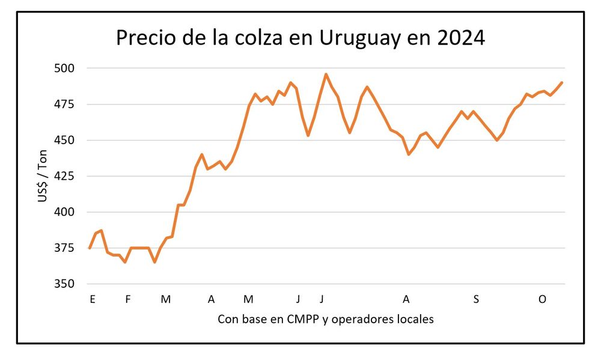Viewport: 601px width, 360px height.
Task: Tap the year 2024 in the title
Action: tap(459, 38)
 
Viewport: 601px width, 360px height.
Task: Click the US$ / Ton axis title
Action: tap(43, 176)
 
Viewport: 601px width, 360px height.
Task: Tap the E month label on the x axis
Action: tap(92, 299)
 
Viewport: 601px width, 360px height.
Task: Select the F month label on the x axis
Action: tap(127, 299)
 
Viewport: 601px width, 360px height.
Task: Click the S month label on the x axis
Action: tap(476, 299)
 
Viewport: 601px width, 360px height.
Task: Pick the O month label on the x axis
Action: tap(542, 299)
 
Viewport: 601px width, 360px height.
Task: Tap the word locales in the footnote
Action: tap(415, 319)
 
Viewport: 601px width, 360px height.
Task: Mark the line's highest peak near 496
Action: tap(326, 75)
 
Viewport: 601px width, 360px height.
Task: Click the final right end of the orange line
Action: tap(561, 83)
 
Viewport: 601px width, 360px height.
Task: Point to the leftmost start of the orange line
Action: tap(90, 248)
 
